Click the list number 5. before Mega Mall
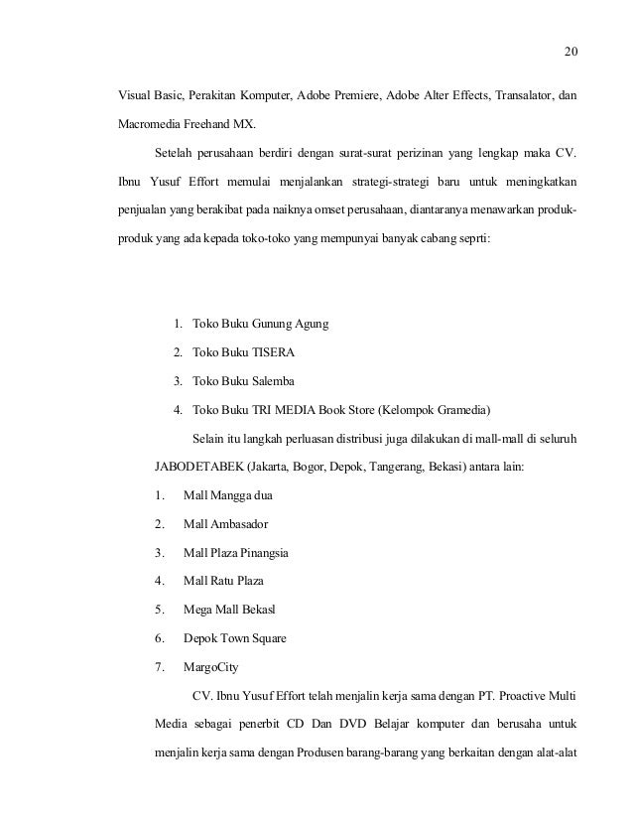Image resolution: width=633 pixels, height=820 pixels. click(x=160, y=609)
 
